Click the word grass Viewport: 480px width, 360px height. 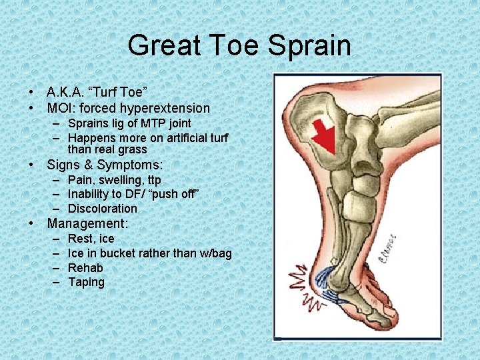(x=131, y=149)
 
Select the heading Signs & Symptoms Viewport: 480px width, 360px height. (x=105, y=165)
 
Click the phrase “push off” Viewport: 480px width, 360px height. (x=178, y=194)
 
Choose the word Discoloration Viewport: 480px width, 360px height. (x=103, y=209)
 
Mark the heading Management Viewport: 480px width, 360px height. (x=87, y=224)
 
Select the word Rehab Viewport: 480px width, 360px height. (x=85, y=268)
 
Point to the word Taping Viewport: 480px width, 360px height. (x=86, y=282)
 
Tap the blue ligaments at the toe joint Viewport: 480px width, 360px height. (x=327, y=283)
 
